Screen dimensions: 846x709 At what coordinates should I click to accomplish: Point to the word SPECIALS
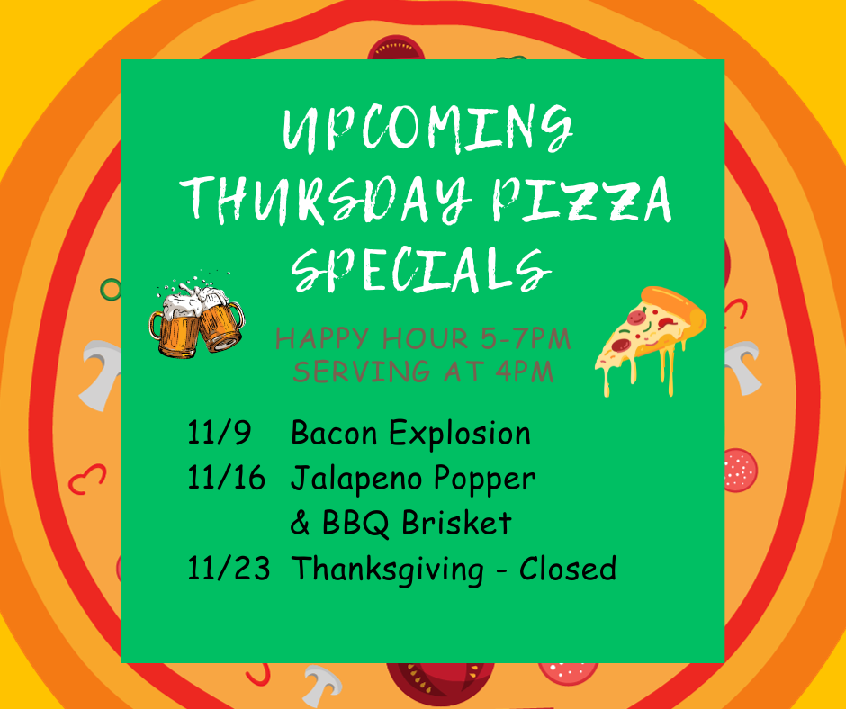coord(421,270)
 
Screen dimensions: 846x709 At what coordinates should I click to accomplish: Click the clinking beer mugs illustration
coord(196,315)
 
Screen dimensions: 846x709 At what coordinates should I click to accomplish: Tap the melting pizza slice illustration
coord(651,340)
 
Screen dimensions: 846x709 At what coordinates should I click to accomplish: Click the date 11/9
coord(219,433)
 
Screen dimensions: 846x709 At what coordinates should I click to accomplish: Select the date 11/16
coord(226,478)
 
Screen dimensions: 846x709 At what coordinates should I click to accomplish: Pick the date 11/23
coord(229,568)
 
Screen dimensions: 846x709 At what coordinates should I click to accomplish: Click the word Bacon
coord(334,433)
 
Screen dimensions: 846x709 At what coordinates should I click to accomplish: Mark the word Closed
coord(568,568)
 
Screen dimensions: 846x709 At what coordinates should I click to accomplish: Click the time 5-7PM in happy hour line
coord(526,339)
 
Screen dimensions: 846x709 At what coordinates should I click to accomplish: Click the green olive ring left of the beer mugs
coord(111,290)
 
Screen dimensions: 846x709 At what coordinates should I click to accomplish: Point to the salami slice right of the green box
coord(741,470)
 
